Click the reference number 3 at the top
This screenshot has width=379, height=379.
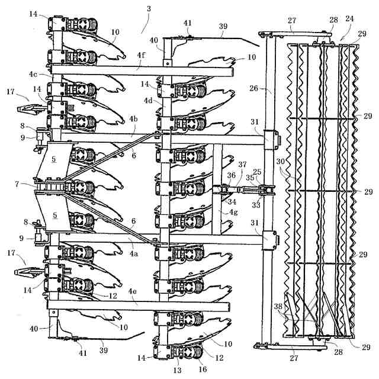(149, 9)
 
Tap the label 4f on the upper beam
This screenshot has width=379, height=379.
(141, 55)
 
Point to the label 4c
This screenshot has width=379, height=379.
(33, 74)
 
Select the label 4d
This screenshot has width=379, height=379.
(148, 101)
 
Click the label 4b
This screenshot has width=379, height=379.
(133, 119)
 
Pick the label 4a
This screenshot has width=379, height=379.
(134, 254)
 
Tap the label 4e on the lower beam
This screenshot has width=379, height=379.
(133, 291)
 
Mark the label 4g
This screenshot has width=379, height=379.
(233, 212)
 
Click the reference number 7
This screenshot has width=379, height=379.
(17, 184)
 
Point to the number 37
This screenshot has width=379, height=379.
(242, 165)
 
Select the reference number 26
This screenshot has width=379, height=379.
(254, 88)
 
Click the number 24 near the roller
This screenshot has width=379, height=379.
(349, 18)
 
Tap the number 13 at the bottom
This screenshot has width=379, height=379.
(177, 370)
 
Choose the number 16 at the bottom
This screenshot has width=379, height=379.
(203, 370)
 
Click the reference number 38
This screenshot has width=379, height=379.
(278, 307)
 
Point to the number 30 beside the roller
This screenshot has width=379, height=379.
(280, 161)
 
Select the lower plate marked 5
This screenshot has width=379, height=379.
(54, 212)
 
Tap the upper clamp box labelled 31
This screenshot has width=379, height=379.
(271, 140)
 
